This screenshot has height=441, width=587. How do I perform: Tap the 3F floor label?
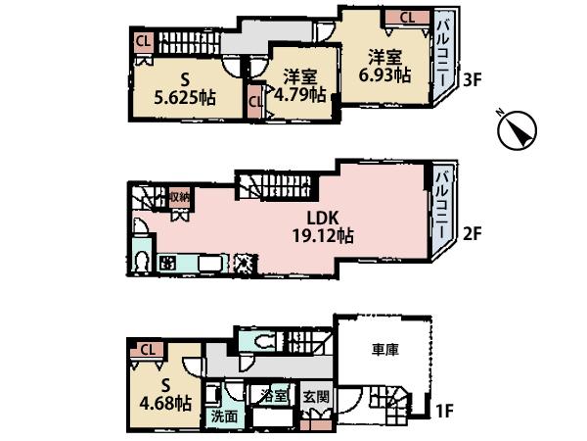(473, 80)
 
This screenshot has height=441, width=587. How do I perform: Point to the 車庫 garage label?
(385, 347)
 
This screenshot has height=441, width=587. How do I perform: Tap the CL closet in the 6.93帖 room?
(408, 16)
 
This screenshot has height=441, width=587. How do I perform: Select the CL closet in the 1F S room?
(148, 348)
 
